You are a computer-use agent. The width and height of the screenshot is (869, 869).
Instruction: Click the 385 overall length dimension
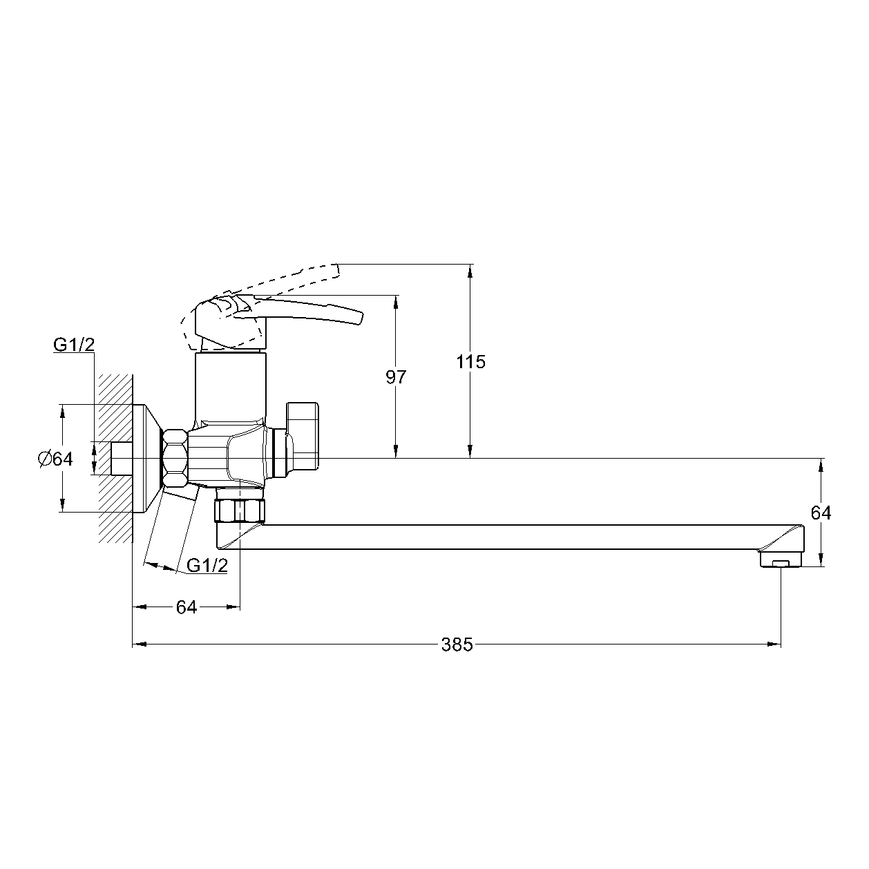coord(457,645)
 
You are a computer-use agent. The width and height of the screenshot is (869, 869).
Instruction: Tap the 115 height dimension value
coord(470,362)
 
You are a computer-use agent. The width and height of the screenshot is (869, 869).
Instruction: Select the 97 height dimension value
coord(396,377)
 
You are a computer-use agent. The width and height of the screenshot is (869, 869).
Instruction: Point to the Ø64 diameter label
coord(55,459)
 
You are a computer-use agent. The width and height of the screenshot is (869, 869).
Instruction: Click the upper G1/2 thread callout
coord(74,345)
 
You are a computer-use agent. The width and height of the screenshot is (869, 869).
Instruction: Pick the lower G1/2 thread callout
coord(207,565)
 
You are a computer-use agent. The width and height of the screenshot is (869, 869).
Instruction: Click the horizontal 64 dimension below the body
coord(187,607)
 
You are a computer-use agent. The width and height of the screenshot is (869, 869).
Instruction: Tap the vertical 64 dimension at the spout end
coord(821,513)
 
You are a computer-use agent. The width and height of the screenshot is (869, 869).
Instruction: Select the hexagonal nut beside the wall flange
coord(175,458)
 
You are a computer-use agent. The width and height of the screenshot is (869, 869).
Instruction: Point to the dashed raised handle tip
coord(336,271)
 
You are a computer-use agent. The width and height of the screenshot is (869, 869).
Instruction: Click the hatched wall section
coord(116,458)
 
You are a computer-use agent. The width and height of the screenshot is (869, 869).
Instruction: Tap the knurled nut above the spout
coord(240,510)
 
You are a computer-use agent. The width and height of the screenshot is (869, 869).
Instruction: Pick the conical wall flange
coord(147,458)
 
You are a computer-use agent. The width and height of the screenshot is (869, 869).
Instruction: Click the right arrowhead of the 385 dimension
coord(775,644)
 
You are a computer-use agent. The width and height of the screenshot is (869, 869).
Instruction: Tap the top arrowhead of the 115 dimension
coord(470,271)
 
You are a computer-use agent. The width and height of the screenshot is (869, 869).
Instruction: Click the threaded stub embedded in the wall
coord(122,458)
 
